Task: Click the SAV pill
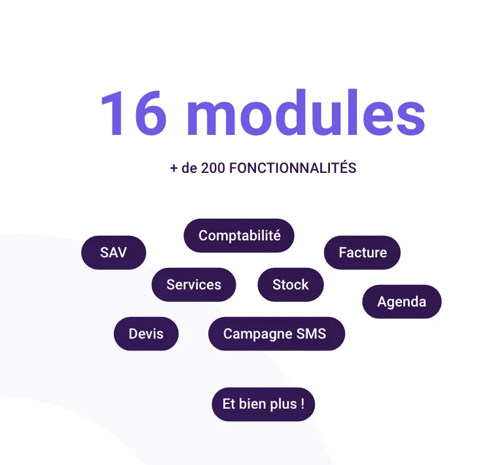114,253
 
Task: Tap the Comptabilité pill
239,236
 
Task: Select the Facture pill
363,253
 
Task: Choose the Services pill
194,285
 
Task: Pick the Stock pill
291,285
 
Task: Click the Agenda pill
402,302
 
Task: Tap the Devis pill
146,333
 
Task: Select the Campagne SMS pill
276,333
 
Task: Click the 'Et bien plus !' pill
263,404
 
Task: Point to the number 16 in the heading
134,113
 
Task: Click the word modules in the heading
306,113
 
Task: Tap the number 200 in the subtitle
213,168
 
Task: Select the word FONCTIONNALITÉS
293,167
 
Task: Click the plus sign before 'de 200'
174,168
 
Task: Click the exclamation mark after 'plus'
302,403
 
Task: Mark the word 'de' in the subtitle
189,168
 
